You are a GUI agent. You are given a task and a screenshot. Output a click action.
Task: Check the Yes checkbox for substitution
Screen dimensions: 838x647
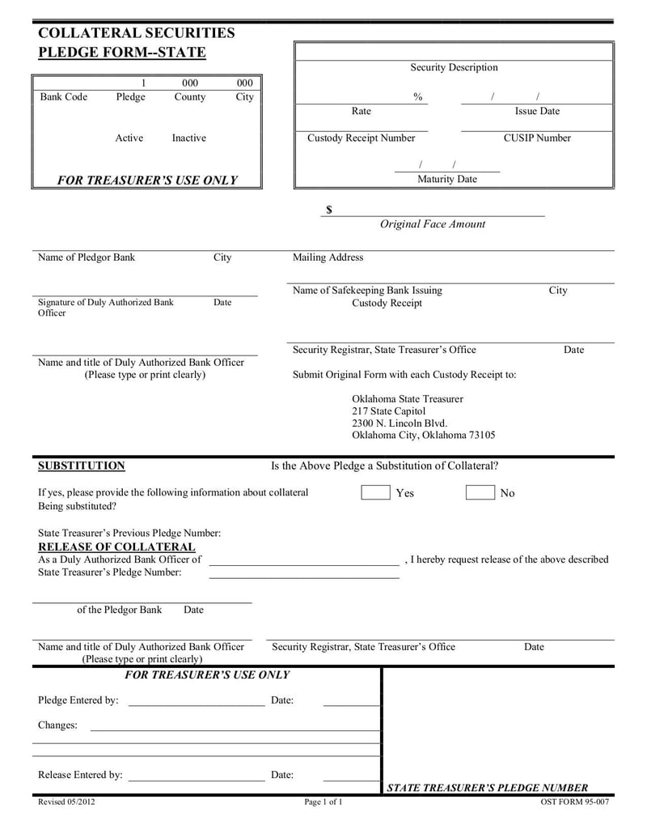pyautogui.click(x=375, y=492)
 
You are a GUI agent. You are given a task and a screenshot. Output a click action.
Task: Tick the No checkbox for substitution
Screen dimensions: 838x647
pyautogui.click(x=480, y=492)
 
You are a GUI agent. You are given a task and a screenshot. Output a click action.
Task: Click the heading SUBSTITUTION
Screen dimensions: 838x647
pyautogui.click(x=82, y=466)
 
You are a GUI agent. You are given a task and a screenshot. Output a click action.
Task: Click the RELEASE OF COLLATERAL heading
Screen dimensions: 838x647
pyautogui.click(x=116, y=547)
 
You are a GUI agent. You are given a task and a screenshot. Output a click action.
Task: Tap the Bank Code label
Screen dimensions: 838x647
pyautogui.click(x=64, y=96)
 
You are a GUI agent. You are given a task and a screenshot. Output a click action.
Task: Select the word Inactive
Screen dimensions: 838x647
pyautogui.click(x=188, y=138)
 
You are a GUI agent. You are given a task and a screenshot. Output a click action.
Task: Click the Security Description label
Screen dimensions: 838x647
pyautogui.click(x=454, y=67)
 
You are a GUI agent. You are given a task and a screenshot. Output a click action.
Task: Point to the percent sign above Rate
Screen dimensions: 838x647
pyautogui.click(x=417, y=96)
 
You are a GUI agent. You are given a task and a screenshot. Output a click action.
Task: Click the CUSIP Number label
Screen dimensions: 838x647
pyautogui.click(x=537, y=138)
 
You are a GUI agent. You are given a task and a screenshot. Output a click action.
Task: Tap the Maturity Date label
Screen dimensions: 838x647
pyautogui.click(x=446, y=179)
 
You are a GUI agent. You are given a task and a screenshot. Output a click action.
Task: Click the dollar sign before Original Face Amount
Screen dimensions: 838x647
pyautogui.click(x=329, y=210)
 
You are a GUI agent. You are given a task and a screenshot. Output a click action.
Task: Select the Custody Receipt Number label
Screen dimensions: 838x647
pyautogui.click(x=361, y=138)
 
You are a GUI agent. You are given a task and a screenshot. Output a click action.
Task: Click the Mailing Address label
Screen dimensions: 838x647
pyautogui.click(x=328, y=257)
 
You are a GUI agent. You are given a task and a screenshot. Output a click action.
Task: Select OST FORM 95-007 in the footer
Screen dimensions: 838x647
pyautogui.click(x=574, y=802)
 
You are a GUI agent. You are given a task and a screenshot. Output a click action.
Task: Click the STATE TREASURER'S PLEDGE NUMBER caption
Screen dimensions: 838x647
pyautogui.click(x=488, y=788)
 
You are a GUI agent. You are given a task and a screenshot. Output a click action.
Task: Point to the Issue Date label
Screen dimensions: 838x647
pyautogui.click(x=537, y=111)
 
